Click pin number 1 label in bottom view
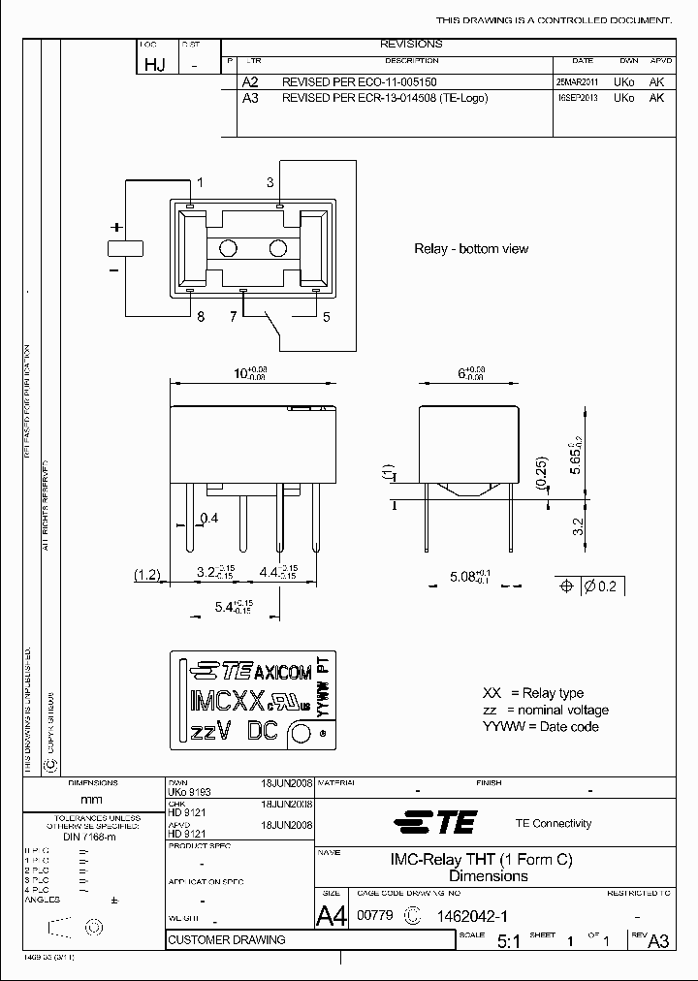tap(201, 183)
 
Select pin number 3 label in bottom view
tap(270, 183)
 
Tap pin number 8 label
tap(201, 317)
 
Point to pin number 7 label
tap(233, 317)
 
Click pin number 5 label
tap(326, 317)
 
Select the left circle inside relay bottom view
tap(229, 248)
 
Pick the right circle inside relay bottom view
tap(279, 248)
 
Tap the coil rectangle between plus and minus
tap(125, 247)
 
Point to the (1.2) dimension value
tap(146, 575)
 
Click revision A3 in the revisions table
tap(250, 98)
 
